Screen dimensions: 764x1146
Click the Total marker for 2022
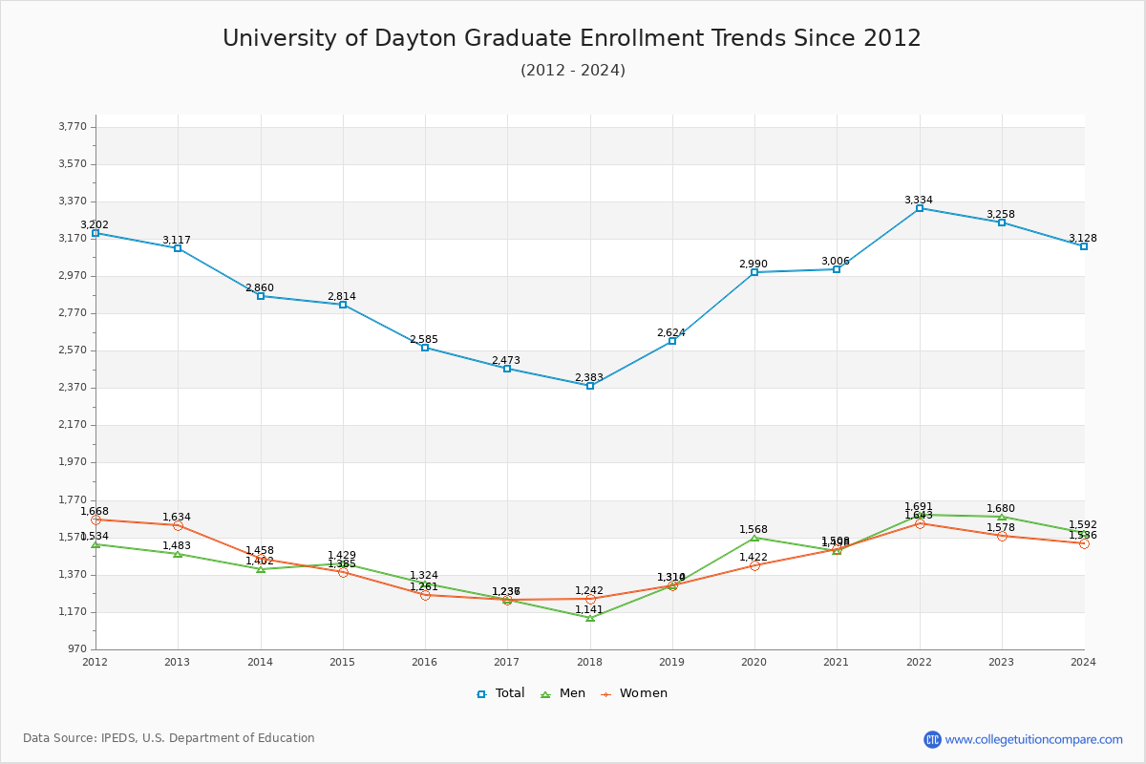(x=920, y=208)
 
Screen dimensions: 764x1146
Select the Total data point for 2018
(x=590, y=386)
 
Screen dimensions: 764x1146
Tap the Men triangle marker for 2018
(x=590, y=618)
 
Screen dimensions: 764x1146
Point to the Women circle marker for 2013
(x=178, y=525)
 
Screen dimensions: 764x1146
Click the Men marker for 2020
(x=754, y=538)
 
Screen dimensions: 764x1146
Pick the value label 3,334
(x=919, y=201)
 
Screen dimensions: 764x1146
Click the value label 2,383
(x=589, y=378)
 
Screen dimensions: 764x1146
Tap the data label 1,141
(x=589, y=610)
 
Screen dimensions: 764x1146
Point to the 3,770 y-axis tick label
(x=73, y=127)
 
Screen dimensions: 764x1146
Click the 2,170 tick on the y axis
(x=73, y=425)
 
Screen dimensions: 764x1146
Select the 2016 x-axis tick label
(x=425, y=662)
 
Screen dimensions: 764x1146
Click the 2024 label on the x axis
(x=1083, y=662)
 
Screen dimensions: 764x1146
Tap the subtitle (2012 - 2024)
(x=573, y=71)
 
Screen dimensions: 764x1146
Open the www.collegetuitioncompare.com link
(x=1033, y=739)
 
